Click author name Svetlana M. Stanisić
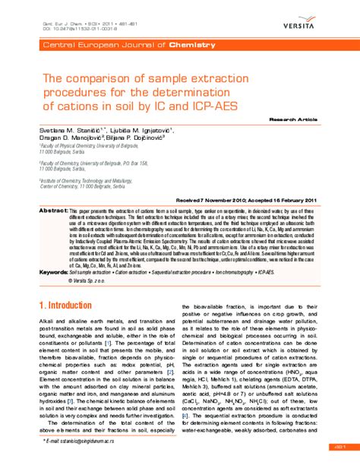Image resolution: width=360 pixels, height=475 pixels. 72,131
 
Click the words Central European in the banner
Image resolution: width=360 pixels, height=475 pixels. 74,46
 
